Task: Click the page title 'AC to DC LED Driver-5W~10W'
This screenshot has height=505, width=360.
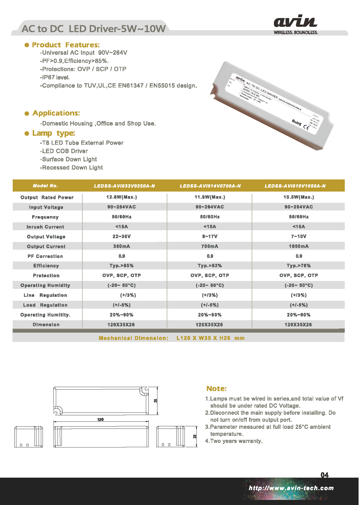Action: (93, 29)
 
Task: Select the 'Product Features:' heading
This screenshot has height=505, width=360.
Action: (66, 45)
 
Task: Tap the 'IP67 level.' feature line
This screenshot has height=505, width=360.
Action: (55, 77)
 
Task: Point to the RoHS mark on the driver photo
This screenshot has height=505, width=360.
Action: (297, 122)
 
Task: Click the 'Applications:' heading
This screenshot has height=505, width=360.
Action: (56, 113)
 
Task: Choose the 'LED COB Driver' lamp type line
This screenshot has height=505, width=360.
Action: (64, 151)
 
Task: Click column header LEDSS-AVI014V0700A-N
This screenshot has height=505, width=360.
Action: (210, 186)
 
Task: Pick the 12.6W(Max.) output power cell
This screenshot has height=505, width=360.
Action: (122, 197)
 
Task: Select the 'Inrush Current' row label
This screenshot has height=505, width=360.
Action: (45, 227)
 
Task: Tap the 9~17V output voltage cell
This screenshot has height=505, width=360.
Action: (210, 236)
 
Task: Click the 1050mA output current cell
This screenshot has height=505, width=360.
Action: (298, 246)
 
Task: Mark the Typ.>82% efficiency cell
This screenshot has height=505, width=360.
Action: (210, 266)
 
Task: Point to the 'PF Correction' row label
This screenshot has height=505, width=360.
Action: (45, 256)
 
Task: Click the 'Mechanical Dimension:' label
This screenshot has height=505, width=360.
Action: (133, 338)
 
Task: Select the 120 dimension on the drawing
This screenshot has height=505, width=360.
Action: (100, 420)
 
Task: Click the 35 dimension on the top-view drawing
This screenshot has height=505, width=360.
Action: (155, 401)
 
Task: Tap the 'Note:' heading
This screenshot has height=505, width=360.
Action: (216, 388)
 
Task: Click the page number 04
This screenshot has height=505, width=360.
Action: (324, 475)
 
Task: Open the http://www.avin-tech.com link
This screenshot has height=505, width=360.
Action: (291, 488)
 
